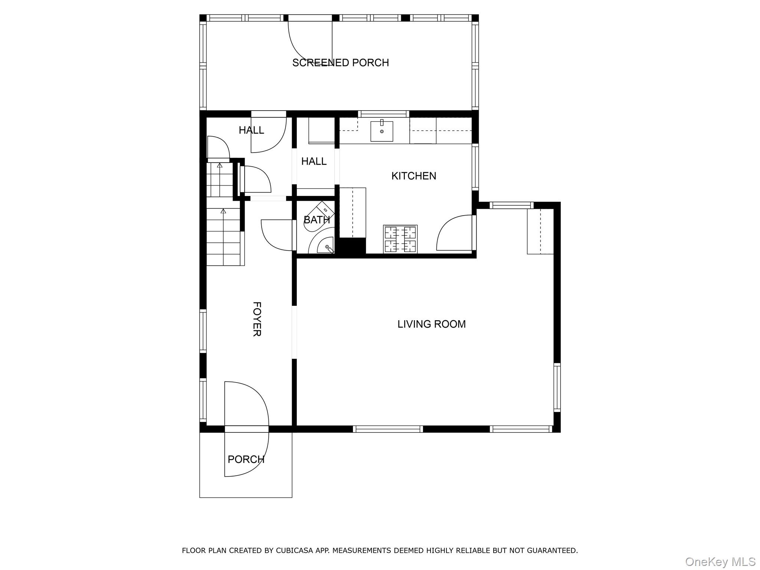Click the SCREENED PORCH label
coord(340,63)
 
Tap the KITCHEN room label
coord(414,176)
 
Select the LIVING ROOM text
coord(431,324)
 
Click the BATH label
coord(317,220)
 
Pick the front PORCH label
coord(246,459)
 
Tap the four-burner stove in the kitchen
coord(400,239)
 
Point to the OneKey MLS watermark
coord(720,561)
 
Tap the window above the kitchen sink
coord(383,114)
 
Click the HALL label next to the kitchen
coord(314,161)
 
